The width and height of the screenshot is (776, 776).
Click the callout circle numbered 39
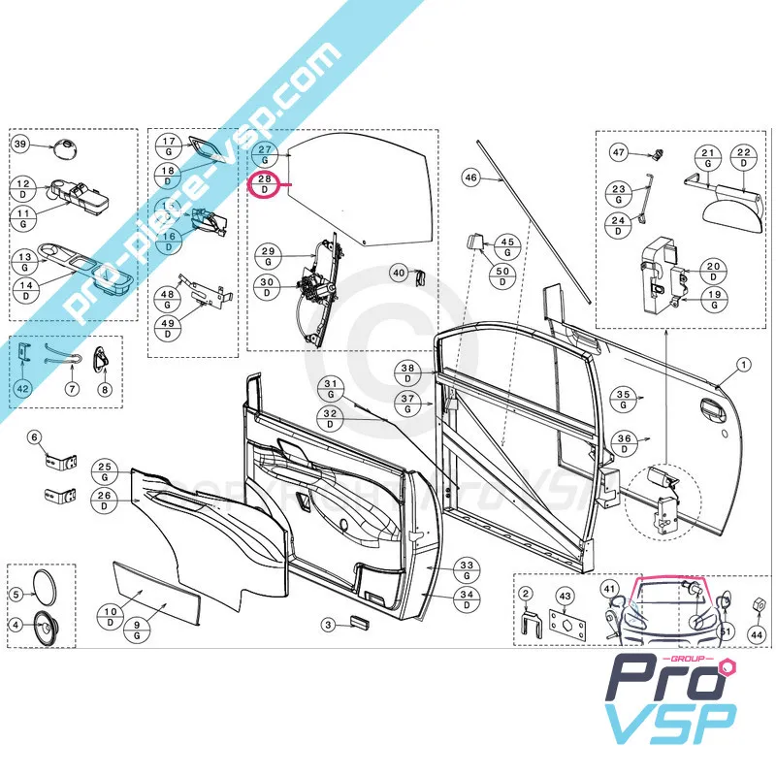click(x=21, y=145)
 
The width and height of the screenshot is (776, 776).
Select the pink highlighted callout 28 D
click(x=265, y=184)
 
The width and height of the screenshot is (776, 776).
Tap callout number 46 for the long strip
click(x=470, y=178)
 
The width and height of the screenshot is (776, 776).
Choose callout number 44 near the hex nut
click(x=757, y=635)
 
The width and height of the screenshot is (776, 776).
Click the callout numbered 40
click(x=399, y=273)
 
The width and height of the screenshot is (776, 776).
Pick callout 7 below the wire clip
click(x=71, y=389)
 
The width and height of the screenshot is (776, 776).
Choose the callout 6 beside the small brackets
click(x=36, y=437)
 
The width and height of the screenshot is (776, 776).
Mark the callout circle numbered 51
click(x=727, y=635)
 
